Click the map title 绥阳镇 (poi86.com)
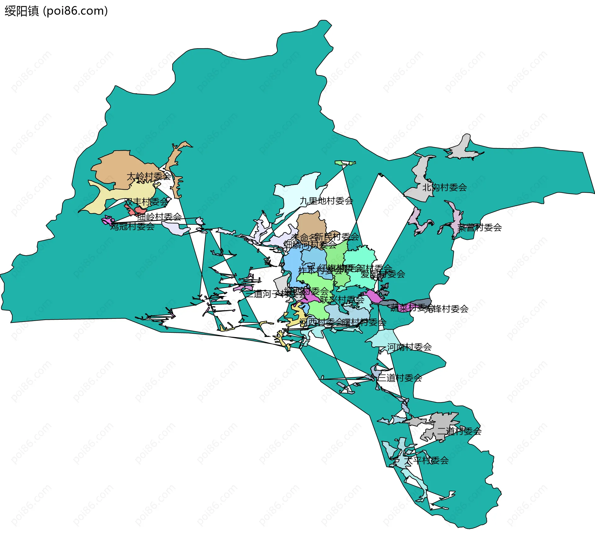click(56, 11)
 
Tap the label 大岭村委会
click(148, 176)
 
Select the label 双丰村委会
click(147, 202)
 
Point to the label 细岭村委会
click(159, 217)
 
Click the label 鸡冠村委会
click(132, 226)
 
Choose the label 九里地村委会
click(326, 201)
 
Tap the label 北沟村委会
click(444, 187)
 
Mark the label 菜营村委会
click(479, 227)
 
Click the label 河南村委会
click(409, 347)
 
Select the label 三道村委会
click(400, 378)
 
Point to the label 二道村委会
click(459, 431)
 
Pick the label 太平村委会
click(426, 460)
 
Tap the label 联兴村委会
click(342, 299)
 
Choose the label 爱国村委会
click(383, 274)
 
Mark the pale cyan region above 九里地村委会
click(297, 189)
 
